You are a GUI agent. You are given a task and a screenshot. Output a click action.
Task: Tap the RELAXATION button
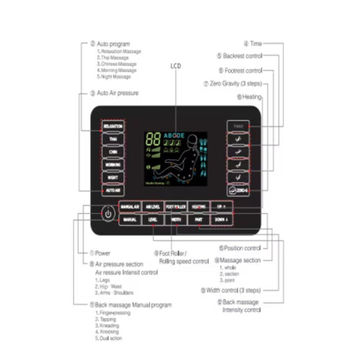[113, 126]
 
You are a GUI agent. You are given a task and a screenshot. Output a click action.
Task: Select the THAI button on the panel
[113, 138]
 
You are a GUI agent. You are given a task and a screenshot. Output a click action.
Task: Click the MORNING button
[113, 164]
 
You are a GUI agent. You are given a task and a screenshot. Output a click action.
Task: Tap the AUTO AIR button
[113, 191]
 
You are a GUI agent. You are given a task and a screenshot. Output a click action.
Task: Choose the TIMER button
[237, 127]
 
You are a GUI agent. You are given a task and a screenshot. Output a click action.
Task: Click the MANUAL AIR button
[129, 207]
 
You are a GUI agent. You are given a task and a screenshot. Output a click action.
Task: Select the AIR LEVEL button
[153, 207]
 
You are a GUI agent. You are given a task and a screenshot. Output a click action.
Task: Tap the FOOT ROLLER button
[176, 207]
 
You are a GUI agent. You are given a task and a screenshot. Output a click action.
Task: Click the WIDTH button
[176, 219]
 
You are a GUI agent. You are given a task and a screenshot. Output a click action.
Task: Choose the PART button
[198, 219]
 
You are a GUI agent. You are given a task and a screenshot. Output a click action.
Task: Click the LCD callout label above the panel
[176, 66]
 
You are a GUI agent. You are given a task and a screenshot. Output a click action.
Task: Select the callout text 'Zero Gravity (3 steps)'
[236, 84]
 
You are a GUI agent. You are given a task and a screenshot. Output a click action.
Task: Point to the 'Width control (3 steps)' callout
[231, 290]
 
